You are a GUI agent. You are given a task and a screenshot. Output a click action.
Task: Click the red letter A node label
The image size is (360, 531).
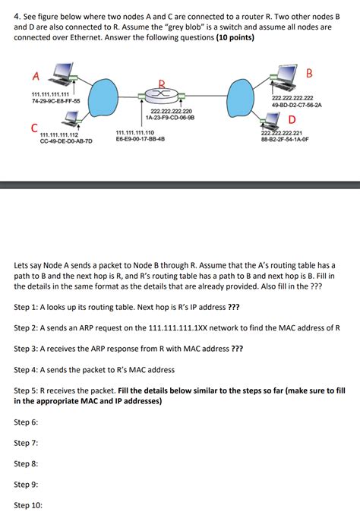click(x=36, y=76)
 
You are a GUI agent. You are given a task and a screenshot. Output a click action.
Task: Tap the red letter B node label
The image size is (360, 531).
click(x=309, y=73)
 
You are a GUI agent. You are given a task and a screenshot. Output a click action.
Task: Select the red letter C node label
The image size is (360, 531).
click(x=34, y=128)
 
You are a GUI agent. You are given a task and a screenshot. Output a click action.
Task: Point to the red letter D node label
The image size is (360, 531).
click(x=292, y=119)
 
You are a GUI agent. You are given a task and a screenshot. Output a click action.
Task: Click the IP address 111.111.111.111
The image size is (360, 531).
click(x=50, y=94)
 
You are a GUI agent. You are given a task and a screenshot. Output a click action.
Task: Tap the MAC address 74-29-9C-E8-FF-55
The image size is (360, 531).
click(x=56, y=100)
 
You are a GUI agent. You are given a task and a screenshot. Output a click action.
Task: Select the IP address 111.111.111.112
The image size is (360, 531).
click(x=59, y=134)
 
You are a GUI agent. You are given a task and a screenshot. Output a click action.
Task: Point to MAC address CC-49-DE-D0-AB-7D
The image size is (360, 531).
click(x=66, y=141)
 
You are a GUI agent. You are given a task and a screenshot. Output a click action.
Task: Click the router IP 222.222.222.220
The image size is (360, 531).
click(x=171, y=111)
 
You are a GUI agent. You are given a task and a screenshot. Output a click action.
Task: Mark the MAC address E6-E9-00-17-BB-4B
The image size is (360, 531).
click(x=141, y=138)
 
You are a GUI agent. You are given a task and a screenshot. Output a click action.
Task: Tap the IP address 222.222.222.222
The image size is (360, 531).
click(x=292, y=98)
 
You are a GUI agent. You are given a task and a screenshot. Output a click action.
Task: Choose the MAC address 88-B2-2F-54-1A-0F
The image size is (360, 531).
click(x=285, y=139)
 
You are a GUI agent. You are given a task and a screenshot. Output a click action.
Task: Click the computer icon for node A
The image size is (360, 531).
click(x=61, y=74)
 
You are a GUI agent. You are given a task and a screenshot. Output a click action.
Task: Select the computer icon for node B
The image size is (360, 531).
click(x=284, y=77)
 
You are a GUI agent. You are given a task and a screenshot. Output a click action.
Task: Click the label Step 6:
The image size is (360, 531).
click(x=26, y=422)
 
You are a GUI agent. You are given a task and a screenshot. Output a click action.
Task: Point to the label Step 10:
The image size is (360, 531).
click(x=28, y=505)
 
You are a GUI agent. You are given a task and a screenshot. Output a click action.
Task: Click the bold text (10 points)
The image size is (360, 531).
click(x=235, y=37)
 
